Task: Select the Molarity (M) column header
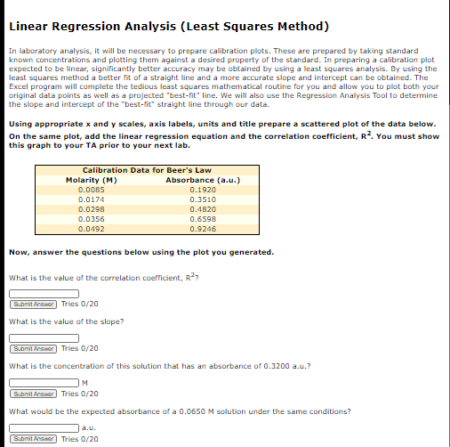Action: [x=92, y=181]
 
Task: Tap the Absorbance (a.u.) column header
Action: [x=204, y=181]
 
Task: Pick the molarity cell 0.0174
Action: [x=92, y=199]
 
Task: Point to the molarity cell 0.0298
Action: [x=92, y=208]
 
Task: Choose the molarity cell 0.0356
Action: [x=92, y=218]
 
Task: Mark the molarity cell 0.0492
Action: [x=92, y=228]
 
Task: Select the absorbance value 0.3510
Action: [x=204, y=199]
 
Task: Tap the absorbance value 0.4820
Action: [x=204, y=208]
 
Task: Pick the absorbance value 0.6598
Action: [x=204, y=218]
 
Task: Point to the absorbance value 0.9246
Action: [x=204, y=228]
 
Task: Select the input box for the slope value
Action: [x=44, y=337]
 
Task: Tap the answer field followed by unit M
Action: [x=44, y=383]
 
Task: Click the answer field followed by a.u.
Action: [x=44, y=428]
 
